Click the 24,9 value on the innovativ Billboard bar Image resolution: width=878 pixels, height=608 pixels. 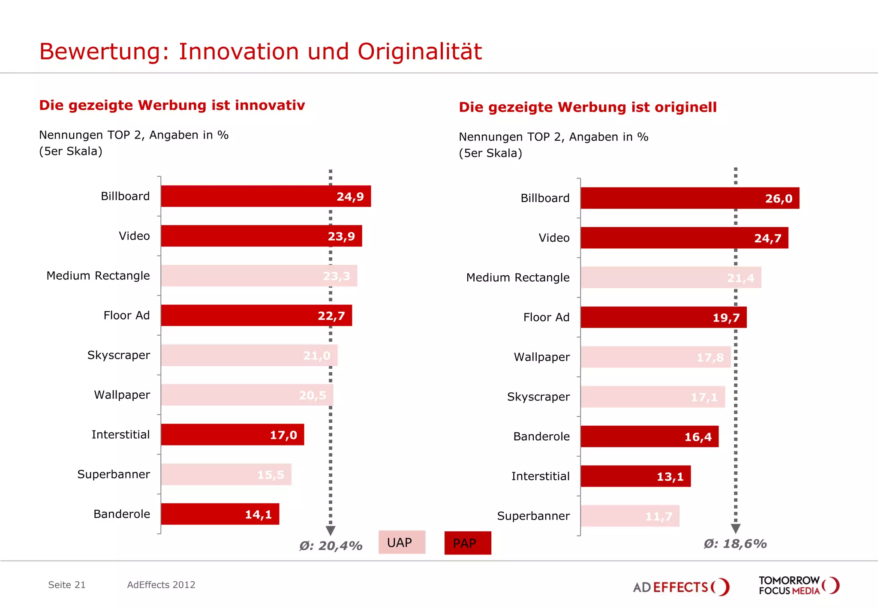[350, 197]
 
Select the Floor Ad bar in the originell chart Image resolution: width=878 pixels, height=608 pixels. [663, 317]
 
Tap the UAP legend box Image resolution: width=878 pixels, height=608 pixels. [402, 542]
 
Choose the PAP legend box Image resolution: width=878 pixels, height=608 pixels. [467, 543]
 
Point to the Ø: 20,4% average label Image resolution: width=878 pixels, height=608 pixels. [331, 546]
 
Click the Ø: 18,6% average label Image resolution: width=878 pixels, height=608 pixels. [735, 544]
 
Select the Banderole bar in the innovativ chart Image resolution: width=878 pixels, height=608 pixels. [220, 514]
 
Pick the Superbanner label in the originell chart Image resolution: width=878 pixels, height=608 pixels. [533, 516]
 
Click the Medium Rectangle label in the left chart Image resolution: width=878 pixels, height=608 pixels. [98, 276]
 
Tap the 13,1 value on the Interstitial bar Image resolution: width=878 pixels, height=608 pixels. [670, 477]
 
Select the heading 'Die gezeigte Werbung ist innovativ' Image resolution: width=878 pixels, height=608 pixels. [172, 105]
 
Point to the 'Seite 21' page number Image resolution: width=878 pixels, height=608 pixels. [67, 585]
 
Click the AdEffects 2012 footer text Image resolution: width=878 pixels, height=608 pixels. [161, 585]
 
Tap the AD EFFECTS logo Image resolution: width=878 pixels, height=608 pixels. [681, 587]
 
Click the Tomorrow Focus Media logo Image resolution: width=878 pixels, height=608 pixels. [798, 585]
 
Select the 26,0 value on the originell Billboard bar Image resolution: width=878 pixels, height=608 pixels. [779, 199]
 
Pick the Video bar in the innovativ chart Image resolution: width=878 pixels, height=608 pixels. [261, 236]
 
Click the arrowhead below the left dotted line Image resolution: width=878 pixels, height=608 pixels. [331, 531]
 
